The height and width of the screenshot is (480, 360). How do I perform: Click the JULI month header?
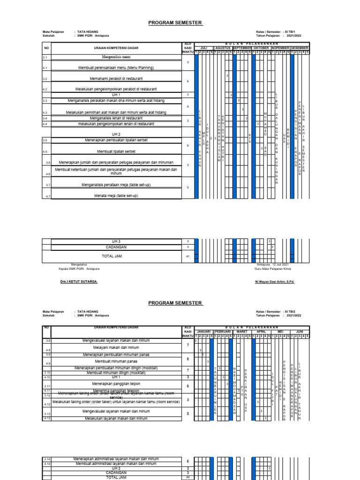[203, 48]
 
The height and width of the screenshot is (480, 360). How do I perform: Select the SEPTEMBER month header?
[242, 48]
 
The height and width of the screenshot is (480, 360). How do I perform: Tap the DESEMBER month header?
[300, 48]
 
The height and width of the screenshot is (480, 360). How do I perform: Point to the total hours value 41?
[187, 256]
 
